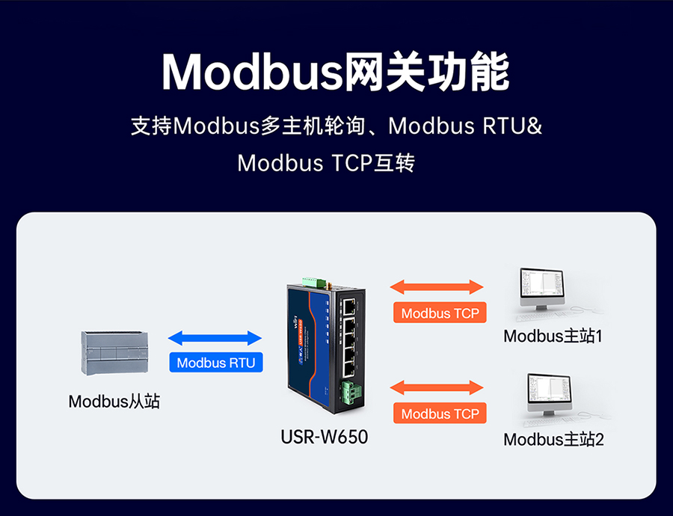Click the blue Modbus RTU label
point(215,363)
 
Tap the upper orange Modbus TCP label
point(440,313)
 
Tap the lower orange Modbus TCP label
point(440,413)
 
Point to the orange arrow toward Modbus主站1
point(437,286)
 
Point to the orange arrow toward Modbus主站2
point(437,387)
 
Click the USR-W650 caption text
point(325,436)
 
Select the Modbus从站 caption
point(114,402)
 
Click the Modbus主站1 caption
point(553,336)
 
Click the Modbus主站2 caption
point(553,439)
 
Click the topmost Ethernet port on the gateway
point(348,304)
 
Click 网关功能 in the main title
point(426,73)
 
